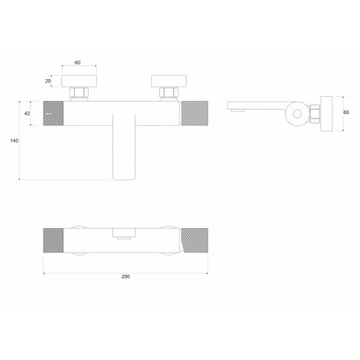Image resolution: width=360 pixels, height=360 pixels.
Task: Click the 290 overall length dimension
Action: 125,277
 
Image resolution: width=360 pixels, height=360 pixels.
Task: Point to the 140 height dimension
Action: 14,140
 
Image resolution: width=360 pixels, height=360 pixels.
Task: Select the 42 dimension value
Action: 27,113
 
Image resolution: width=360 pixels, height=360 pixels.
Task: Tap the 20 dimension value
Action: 49,80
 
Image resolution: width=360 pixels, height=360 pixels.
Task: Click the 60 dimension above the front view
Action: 77,62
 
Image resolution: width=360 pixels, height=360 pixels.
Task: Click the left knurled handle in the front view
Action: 53,113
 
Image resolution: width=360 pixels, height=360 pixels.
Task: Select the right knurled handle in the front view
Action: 194,113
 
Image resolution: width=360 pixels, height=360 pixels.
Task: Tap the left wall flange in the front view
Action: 77,80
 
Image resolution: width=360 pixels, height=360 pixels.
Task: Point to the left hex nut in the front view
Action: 79,93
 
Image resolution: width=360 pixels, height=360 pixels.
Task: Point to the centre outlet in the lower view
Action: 124,235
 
